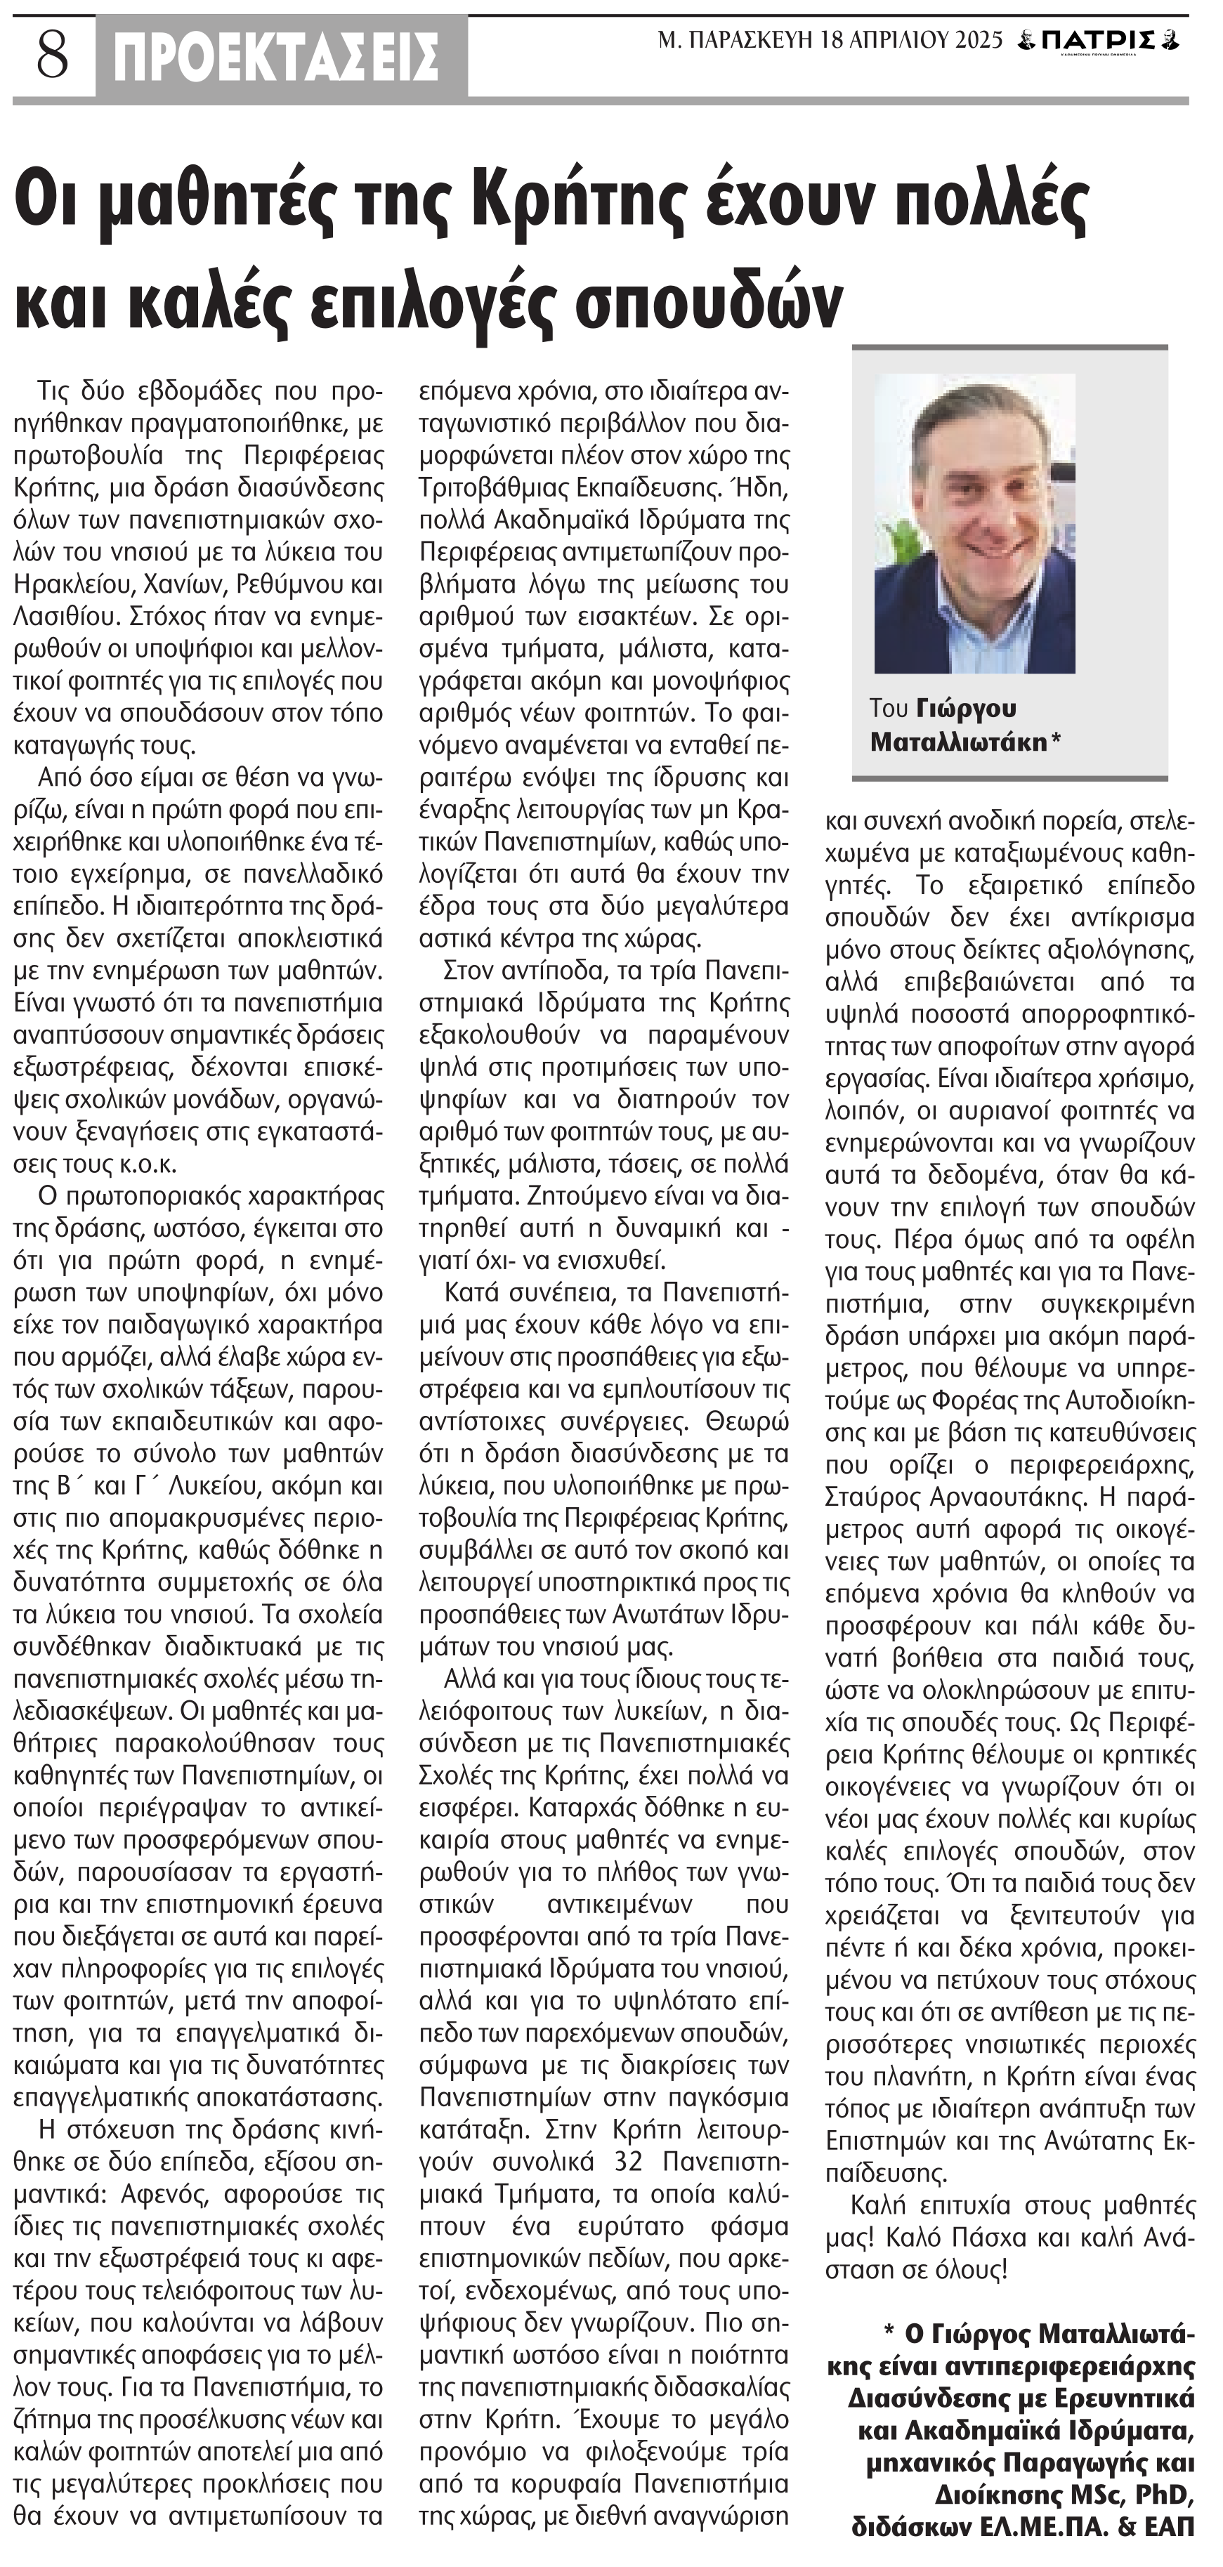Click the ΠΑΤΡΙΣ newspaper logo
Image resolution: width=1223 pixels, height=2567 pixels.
[1099, 41]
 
